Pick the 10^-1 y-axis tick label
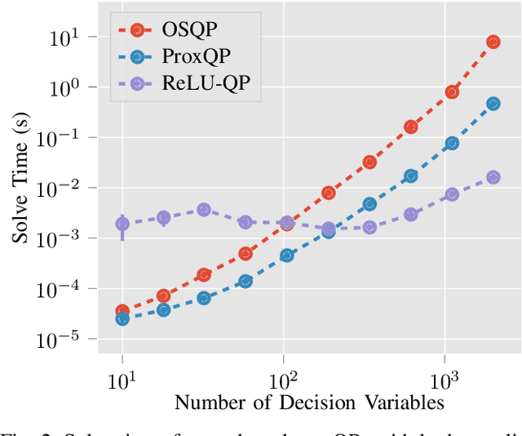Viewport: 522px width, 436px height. click(x=62, y=138)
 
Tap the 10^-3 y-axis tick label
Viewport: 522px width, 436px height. click(x=62, y=238)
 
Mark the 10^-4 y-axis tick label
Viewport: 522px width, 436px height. click(x=62, y=289)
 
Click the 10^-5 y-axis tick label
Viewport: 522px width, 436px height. click(x=62, y=340)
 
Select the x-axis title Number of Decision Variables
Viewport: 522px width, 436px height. click(x=309, y=402)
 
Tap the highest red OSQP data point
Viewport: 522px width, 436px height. click(x=493, y=42)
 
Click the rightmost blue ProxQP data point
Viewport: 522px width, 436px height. click(x=493, y=104)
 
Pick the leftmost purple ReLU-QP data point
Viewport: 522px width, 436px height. click(x=122, y=224)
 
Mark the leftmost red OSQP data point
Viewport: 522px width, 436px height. click(x=122, y=311)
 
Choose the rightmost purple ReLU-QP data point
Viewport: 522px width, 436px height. click(x=493, y=177)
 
